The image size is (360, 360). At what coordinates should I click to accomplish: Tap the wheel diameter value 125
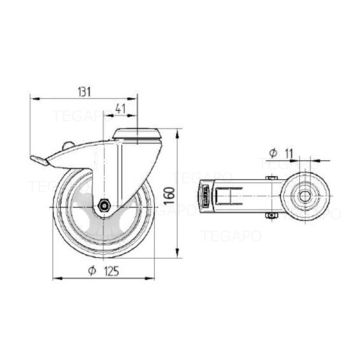click(111, 272)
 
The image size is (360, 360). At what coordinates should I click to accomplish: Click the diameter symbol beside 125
click(92, 271)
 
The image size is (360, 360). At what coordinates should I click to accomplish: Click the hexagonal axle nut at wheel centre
click(104, 206)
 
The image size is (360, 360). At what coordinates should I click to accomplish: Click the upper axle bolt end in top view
click(272, 178)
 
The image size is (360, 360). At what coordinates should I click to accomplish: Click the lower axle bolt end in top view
click(272, 216)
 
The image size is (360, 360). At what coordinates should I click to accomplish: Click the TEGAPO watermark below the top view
click(231, 236)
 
